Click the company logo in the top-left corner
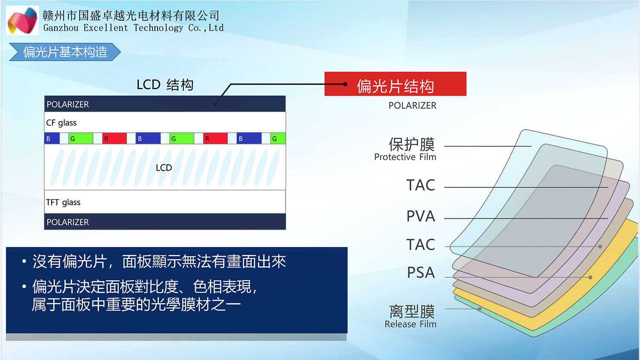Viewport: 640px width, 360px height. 23,20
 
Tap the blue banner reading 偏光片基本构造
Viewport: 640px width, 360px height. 65,52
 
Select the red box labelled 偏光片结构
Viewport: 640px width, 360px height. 395,84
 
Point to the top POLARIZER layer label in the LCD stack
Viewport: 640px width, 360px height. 68,105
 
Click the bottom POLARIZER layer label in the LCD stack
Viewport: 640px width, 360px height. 68,222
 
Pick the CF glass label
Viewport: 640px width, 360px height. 61,123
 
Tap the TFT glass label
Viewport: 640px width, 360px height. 63,202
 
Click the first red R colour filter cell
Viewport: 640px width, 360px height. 114,139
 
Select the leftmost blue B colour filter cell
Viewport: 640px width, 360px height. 52,139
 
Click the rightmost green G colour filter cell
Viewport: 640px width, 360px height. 278,139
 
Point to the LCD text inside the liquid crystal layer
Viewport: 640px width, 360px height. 164,168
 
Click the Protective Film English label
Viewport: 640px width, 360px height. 405,157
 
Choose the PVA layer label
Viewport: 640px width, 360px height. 421,216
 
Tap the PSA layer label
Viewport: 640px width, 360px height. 421,273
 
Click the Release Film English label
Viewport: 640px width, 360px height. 410,324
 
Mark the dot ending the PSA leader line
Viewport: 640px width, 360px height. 591,277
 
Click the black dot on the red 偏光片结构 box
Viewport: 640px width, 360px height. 345,84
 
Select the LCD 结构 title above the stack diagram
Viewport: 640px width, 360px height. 165,85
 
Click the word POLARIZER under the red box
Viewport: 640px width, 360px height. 412,106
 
